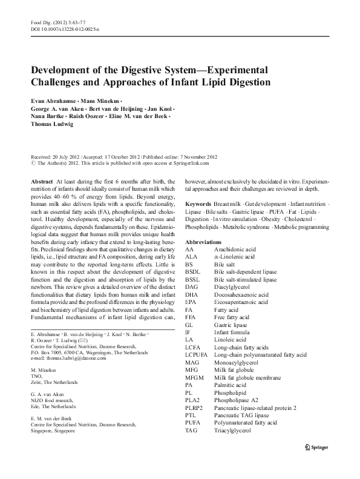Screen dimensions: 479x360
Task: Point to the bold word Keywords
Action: [x=198, y=204]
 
